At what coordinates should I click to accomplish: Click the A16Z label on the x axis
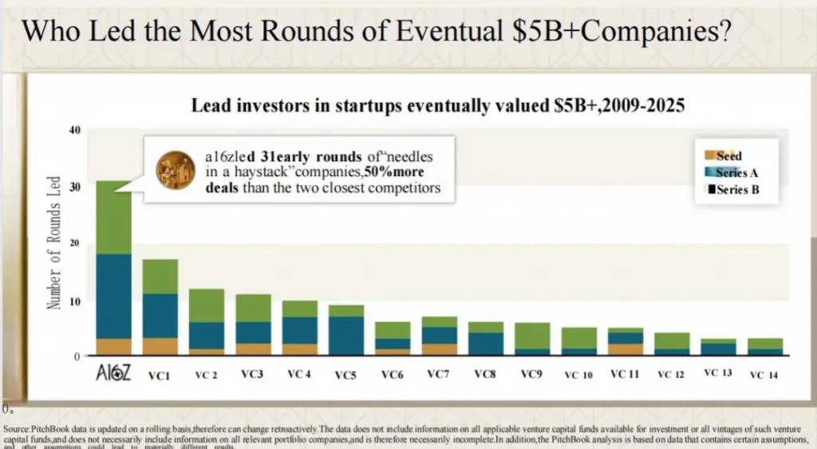(x=112, y=372)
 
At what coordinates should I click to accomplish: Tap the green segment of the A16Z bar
(x=113, y=217)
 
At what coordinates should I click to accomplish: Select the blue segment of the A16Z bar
(x=113, y=296)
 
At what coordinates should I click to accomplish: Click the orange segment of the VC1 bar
(x=160, y=347)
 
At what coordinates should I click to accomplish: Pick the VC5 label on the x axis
(x=346, y=374)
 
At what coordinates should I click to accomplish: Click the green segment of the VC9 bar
(x=532, y=335)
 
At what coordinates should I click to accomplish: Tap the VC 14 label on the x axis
(x=764, y=375)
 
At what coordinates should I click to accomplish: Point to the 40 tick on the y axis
(x=75, y=130)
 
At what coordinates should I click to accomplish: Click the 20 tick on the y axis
(x=75, y=243)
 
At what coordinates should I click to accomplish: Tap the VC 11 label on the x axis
(x=625, y=374)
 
